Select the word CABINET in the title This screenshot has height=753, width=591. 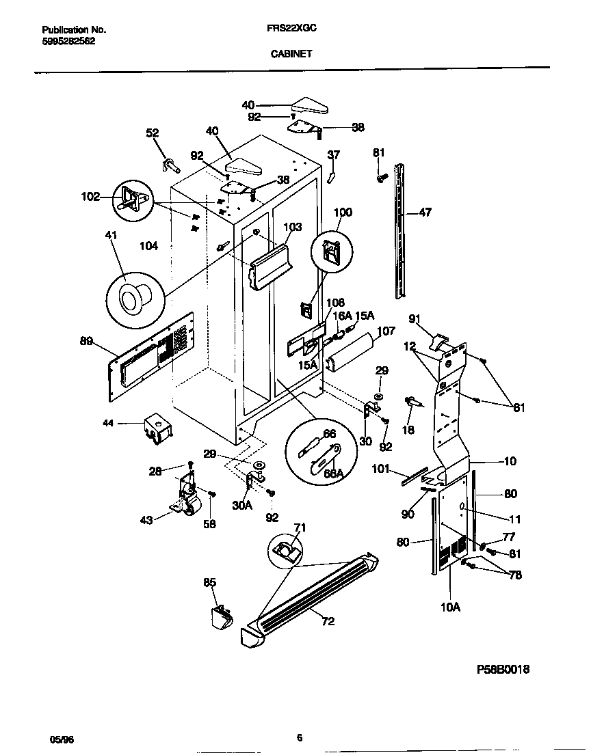coord(291,53)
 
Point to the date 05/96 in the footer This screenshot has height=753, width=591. coord(60,739)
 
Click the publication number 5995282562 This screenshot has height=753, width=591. coord(68,41)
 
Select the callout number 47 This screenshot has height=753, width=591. coord(425,213)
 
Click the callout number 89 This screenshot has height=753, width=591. coord(86,342)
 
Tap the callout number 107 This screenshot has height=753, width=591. coord(386,331)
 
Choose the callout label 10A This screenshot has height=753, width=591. coord(450,605)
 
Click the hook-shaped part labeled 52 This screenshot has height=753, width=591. coord(169,164)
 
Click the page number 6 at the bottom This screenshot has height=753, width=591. coord(300,737)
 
